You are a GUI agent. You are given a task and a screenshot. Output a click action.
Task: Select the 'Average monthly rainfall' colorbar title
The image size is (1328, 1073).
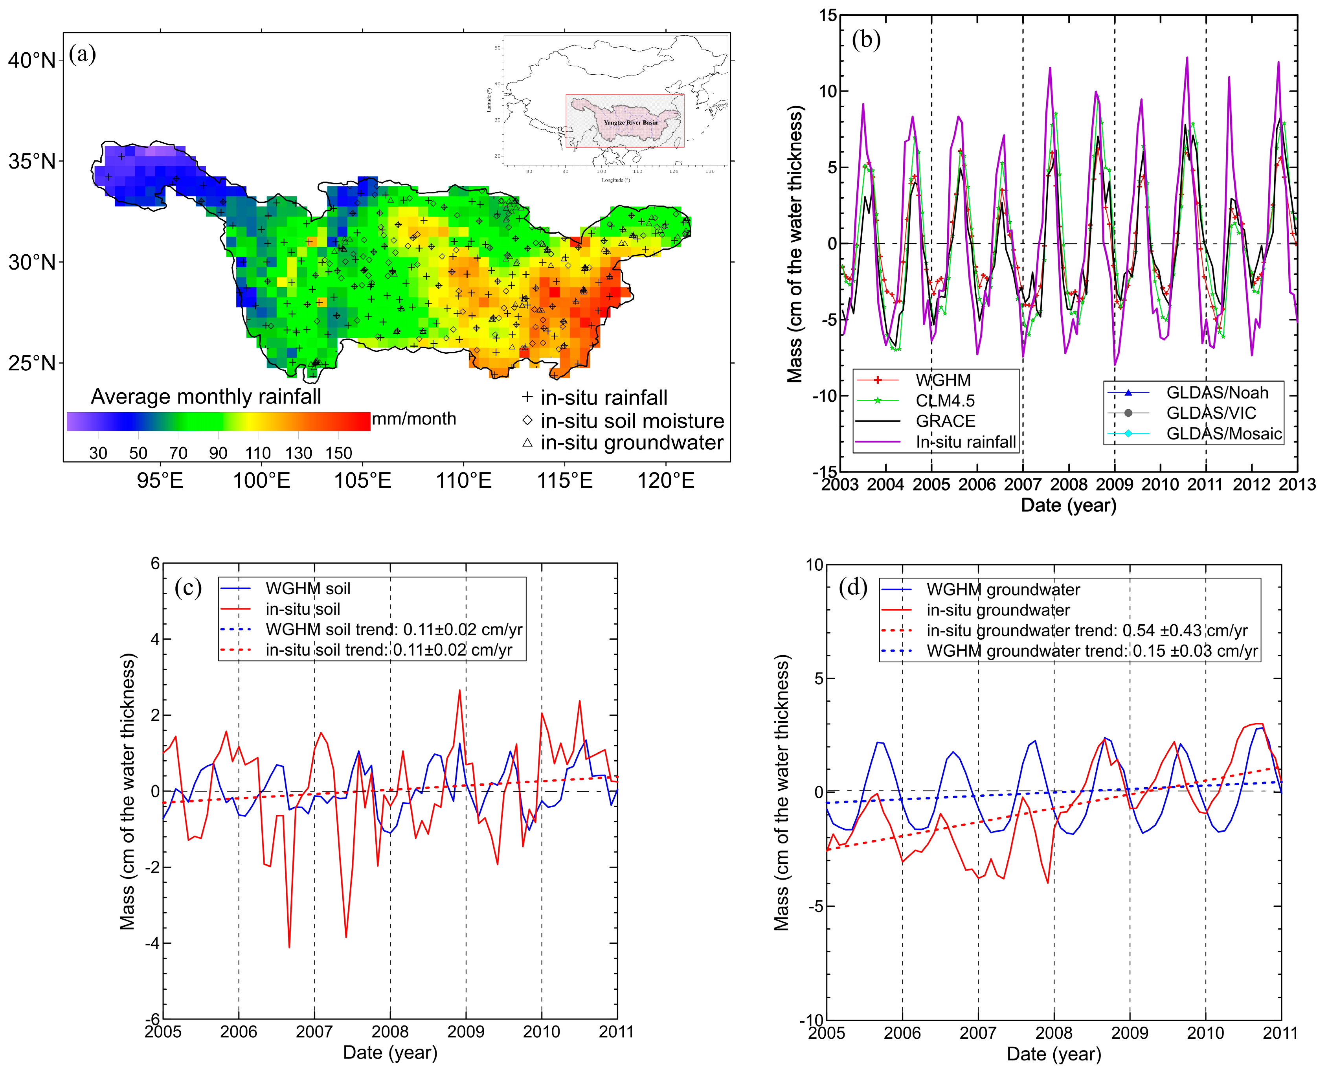click(x=206, y=396)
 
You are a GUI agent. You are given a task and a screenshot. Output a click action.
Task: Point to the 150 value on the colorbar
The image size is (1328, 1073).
click(x=339, y=453)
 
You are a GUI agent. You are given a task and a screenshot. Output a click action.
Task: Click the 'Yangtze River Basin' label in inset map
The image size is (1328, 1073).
click(x=630, y=122)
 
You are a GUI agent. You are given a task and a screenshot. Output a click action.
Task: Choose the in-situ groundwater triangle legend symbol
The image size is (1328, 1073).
click(x=527, y=443)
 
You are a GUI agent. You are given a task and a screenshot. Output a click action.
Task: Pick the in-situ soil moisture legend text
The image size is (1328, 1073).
click(x=632, y=421)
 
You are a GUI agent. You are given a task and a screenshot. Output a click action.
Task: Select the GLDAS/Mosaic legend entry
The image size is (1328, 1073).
click(x=1223, y=433)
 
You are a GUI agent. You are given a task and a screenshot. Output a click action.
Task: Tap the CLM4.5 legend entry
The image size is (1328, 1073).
click(x=945, y=401)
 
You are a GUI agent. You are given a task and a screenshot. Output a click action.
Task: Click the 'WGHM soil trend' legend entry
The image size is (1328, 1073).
click(x=394, y=629)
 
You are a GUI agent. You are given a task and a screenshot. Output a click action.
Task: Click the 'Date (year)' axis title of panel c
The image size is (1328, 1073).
click(x=390, y=1052)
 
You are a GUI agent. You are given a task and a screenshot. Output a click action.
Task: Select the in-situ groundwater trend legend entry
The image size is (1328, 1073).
click(x=1086, y=630)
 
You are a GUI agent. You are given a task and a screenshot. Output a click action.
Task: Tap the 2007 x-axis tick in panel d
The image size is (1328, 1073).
click(x=977, y=1033)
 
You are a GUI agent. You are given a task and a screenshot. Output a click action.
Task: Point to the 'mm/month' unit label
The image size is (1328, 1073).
click(x=413, y=419)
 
